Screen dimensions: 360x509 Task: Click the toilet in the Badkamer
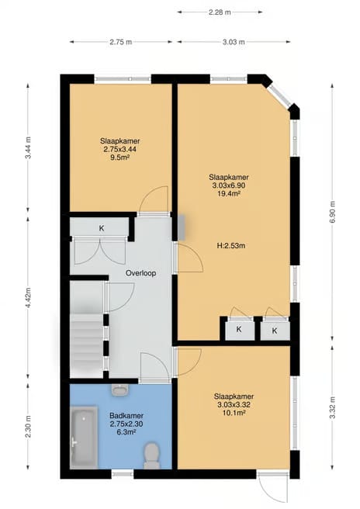(x=151, y=456)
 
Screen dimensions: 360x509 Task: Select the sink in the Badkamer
(x=120, y=390)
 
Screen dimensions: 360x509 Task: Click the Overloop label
(x=141, y=273)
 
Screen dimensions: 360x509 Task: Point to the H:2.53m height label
(x=231, y=246)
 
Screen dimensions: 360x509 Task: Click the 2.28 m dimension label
(x=220, y=12)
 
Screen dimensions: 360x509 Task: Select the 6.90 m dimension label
(x=332, y=212)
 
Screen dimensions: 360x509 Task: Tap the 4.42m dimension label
(x=29, y=298)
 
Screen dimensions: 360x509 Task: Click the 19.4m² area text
(x=229, y=194)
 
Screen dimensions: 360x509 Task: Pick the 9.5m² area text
(x=119, y=158)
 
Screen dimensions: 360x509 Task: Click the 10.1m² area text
(x=234, y=413)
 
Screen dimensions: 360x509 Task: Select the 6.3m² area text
(x=126, y=432)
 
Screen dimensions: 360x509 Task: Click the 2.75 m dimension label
(x=121, y=42)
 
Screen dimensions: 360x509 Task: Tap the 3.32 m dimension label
(x=332, y=408)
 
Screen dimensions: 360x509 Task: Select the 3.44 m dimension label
(x=29, y=147)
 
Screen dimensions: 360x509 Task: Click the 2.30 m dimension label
(x=29, y=426)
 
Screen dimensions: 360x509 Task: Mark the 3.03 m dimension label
(x=234, y=42)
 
